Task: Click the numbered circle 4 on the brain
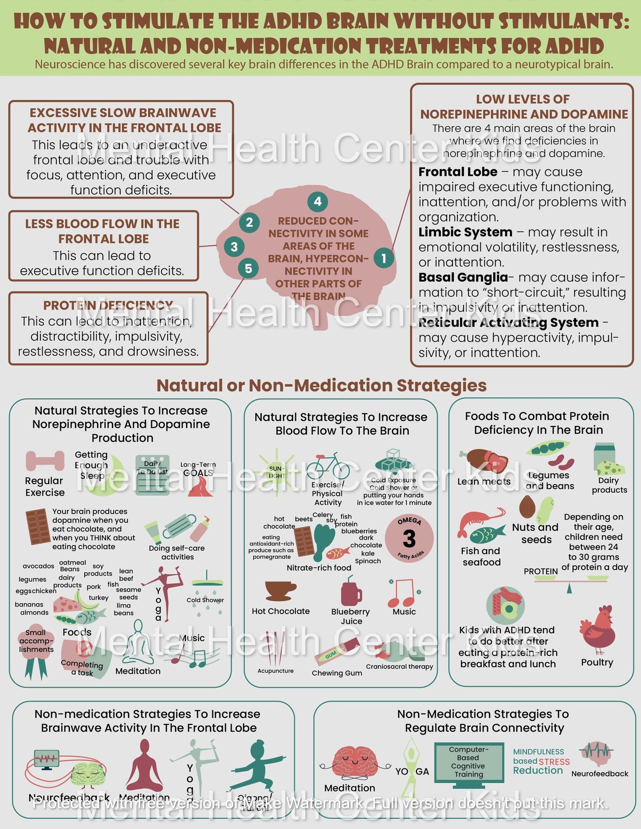coord(318,202)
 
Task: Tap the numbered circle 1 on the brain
coord(384,258)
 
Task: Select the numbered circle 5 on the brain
coord(248,268)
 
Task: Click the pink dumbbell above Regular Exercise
coord(45,461)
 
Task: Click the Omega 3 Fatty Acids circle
coord(409,539)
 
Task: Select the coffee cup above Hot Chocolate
coord(280,591)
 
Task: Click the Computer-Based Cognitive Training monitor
coord(469,763)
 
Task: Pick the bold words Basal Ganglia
coord(463,278)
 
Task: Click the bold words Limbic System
coord(465,232)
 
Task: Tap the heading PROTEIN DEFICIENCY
coord(108,305)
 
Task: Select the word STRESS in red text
coord(555,762)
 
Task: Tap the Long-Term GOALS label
coord(198,469)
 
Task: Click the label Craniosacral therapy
coord(399,666)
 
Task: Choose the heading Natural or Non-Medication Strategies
coord(321,386)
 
